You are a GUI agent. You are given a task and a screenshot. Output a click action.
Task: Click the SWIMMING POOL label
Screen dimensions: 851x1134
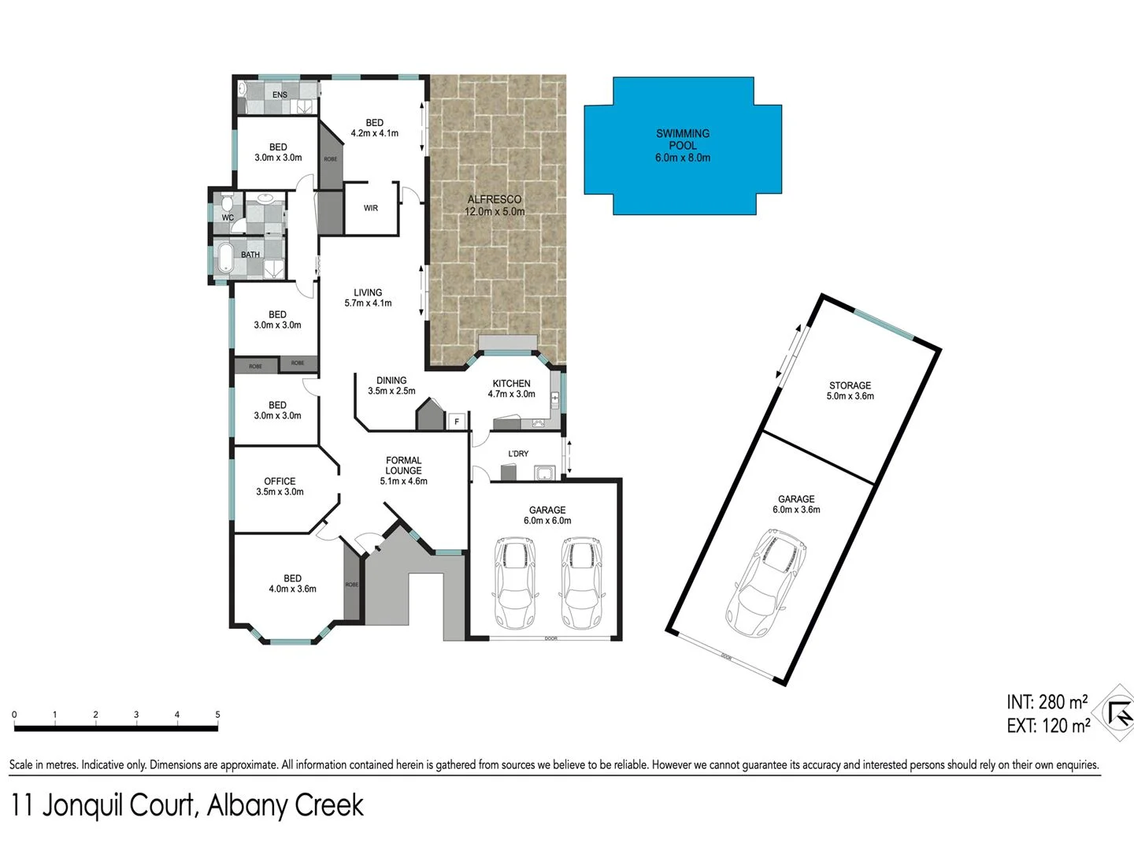[x=683, y=145]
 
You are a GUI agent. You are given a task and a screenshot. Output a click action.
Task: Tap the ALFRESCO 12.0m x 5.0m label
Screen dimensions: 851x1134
[x=495, y=205]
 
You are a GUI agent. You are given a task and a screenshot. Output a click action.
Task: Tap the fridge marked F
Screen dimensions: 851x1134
[x=457, y=422]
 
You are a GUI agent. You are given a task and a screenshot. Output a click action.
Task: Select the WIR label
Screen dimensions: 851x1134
[x=371, y=208]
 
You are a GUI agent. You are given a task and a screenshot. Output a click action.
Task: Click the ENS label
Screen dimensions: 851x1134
[x=280, y=95]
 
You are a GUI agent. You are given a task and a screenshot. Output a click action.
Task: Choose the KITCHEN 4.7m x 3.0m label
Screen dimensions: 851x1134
[x=511, y=388]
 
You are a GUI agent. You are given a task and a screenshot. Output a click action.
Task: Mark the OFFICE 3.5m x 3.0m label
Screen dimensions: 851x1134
[x=280, y=486]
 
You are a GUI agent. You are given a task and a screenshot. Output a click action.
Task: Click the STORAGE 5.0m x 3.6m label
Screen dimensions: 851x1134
[x=850, y=391]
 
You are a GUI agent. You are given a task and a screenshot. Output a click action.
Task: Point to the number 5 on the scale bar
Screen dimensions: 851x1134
[x=217, y=715]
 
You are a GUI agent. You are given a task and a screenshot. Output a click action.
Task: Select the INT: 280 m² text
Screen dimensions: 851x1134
[x=1047, y=701]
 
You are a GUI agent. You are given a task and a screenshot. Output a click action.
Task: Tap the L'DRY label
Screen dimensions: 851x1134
[x=518, y=454]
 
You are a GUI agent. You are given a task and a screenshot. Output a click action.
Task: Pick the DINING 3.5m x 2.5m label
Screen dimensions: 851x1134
[x=391, y=385]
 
